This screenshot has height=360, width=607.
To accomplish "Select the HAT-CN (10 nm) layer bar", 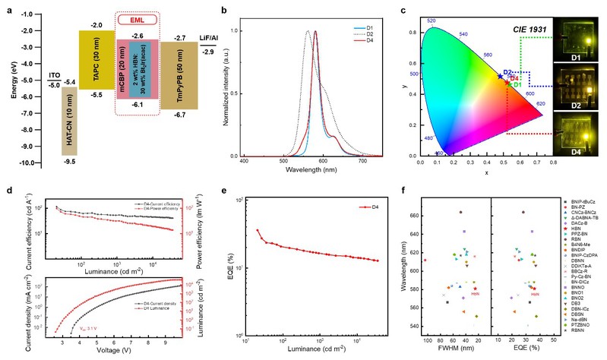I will click(68, 120).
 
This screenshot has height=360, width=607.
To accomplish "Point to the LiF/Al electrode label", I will click(206, 38).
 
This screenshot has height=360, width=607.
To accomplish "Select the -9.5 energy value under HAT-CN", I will click(68, 162).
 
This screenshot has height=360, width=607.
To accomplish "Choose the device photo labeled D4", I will click(577, 134).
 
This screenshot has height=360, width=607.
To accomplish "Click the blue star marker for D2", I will click(500, 75).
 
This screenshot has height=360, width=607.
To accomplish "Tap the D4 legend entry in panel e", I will click(371, 206).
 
